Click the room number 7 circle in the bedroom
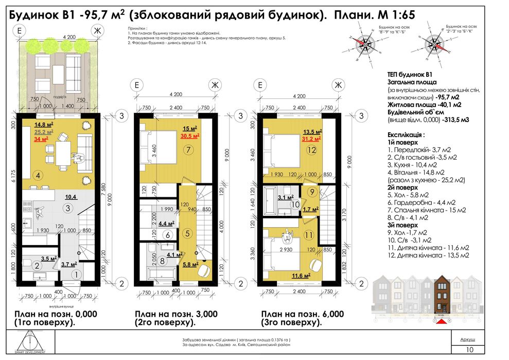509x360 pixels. [189, 151]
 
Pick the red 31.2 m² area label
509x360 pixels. [314, 138]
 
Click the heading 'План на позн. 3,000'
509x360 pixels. [175, 314]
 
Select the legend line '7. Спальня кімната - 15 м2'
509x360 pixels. [426, 210]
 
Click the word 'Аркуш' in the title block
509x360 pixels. [467, 340]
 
